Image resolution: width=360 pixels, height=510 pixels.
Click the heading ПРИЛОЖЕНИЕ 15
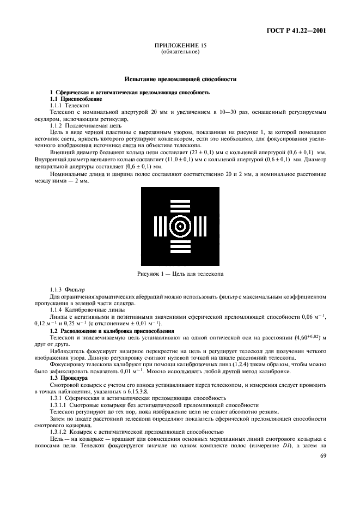click(180, 46)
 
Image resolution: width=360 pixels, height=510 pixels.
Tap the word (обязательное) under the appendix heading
click(180, 52)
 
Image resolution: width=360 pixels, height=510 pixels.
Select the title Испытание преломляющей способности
click(180, 79)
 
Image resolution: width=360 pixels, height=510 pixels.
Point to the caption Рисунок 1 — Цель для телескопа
click(180, 273)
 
